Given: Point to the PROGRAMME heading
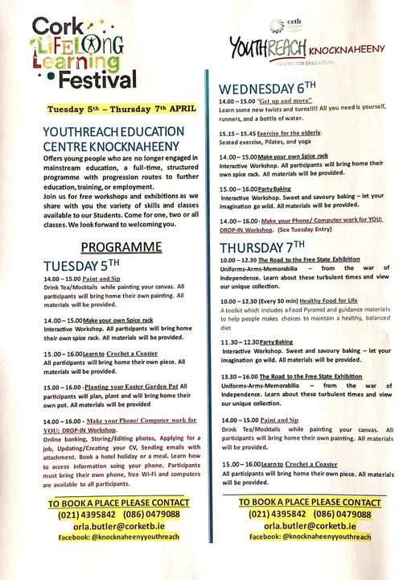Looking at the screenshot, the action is click(115, 246).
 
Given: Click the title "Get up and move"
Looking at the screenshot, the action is click(285, 102).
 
